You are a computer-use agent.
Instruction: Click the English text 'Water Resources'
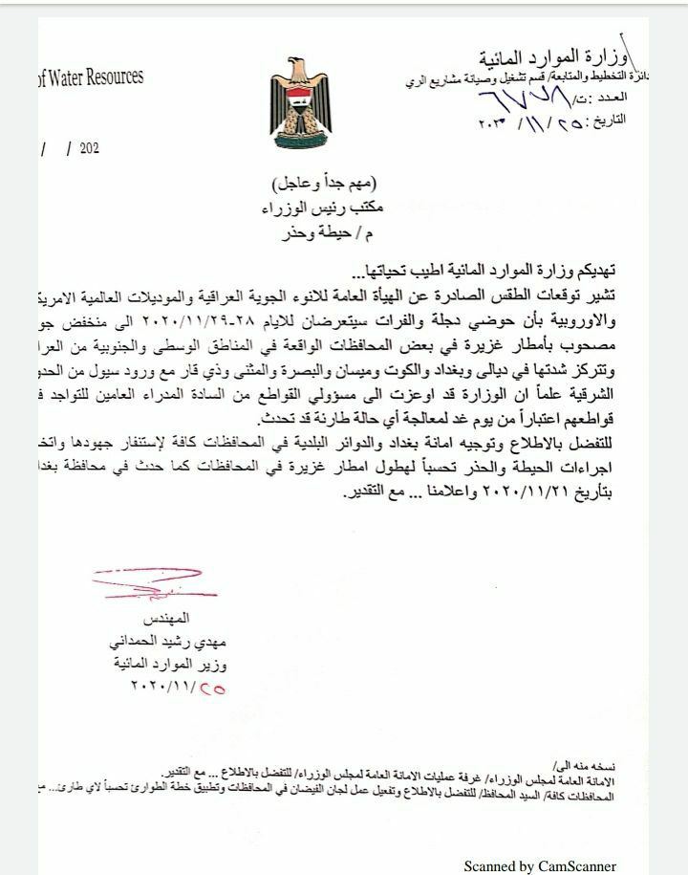tap(92, 77)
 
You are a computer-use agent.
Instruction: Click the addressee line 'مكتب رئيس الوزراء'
tap(326, 207)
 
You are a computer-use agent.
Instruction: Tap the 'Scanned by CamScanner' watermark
tap(540, 865)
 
